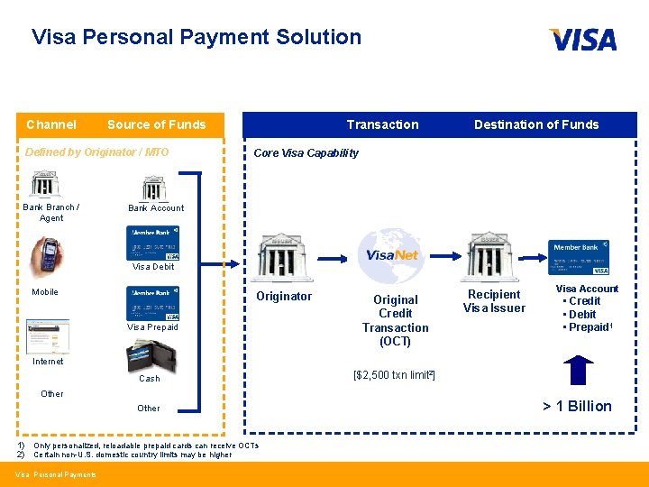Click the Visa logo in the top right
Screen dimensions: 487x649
582,39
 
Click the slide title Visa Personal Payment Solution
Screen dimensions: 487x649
197,37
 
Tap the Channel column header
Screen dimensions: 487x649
51,124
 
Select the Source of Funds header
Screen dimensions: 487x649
156,124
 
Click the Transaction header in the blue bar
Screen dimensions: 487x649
382,124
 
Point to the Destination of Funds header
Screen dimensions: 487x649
536,124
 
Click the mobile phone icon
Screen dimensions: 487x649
49,254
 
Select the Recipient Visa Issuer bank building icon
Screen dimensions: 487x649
492,256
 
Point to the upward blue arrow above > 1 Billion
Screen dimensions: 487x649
577,371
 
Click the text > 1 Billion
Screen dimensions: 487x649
577,406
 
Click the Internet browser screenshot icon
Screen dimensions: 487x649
47,336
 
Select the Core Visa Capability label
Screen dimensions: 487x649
306,152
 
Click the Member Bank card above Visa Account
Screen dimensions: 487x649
580,257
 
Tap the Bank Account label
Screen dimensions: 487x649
156,207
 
